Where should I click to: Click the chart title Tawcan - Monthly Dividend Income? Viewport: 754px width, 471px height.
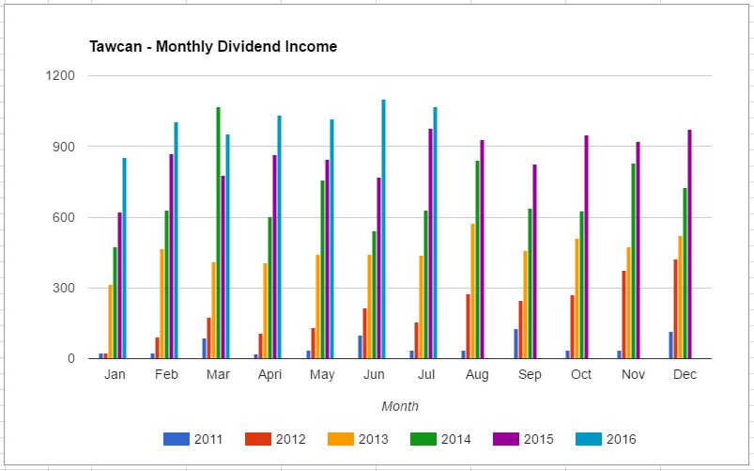click(x=213, y=46)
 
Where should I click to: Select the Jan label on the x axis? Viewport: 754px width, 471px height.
click(x=115, y=374)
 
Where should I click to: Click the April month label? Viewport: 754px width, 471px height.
click(x=269, y=374)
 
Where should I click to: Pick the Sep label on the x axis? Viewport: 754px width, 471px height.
click(x=530, y=374)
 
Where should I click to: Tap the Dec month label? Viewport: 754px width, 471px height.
click(x=685, y=374)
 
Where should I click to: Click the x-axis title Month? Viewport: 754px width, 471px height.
click(x=400, y=406)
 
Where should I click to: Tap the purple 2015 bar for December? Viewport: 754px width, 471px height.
click(x=690, y=243)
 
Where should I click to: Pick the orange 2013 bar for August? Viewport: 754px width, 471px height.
click(x=473, y=290)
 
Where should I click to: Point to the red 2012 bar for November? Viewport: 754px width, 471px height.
click(x=623, y=314)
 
